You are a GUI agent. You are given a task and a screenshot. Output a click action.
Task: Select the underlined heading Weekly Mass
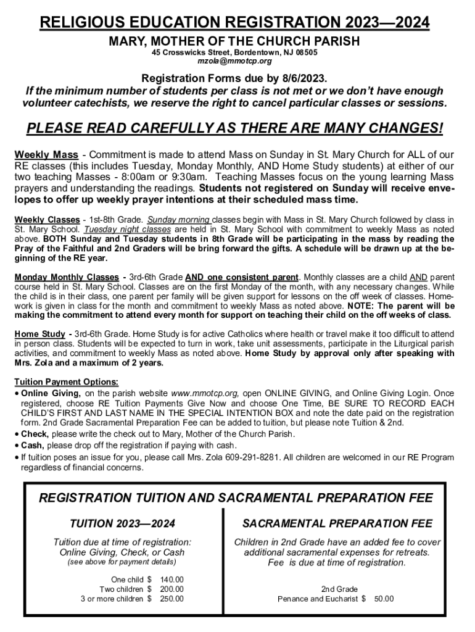(x=46, y=154)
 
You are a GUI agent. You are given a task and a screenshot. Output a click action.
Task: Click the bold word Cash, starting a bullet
(x=33, y=445)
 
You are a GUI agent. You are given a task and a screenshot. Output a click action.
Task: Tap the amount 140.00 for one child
(x=171, y=580)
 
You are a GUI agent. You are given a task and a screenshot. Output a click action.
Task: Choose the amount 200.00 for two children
(x=171, y=589)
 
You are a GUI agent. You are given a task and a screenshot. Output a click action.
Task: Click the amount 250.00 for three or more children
(x=171, y=599)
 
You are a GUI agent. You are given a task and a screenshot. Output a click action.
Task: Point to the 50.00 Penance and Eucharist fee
(x=384, y=599)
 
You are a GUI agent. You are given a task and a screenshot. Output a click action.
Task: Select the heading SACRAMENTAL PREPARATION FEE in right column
(x=337, y=524)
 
